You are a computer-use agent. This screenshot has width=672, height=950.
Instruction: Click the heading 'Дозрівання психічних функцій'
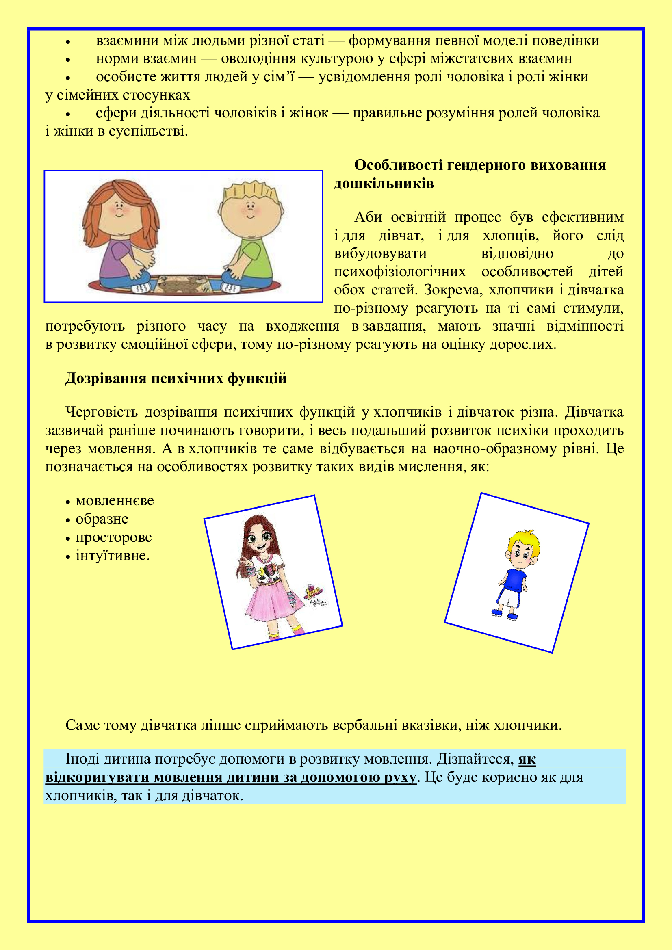(176, 379)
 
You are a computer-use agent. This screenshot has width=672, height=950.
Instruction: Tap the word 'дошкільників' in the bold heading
(384, 183)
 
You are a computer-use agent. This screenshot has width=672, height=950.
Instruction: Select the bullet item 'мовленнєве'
(115, 501)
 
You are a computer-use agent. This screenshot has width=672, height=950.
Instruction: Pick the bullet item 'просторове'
(113, 537)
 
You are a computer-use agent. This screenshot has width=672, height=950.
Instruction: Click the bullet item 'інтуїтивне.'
(113, 555)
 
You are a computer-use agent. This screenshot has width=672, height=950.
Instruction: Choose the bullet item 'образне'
(102, 519)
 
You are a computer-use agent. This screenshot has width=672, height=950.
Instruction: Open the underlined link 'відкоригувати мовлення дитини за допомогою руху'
(230, 777)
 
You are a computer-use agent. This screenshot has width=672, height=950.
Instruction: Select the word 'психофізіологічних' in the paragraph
(400, 272)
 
